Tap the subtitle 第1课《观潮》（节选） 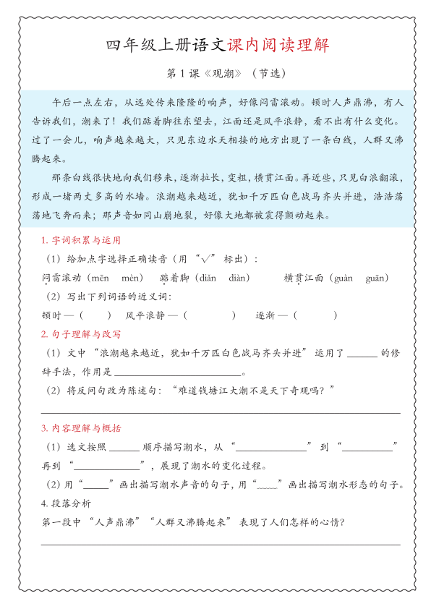pos(216,74)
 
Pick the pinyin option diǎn pos(208,277)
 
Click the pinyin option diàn pos(239,277)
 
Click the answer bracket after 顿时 pos(95,315)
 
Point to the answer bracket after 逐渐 pos(315,315)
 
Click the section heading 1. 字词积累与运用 pos(80,240)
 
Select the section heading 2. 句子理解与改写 pos(80,334)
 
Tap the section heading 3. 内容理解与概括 pos(80,428)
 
